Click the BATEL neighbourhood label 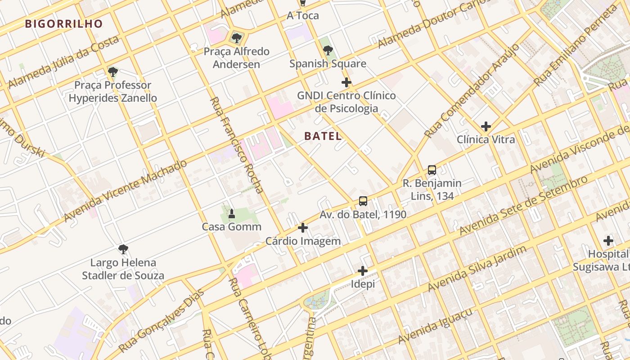(323, 136)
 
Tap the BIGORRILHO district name (64, 24)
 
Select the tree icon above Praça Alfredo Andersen (237, 38)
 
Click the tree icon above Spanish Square (328, 50)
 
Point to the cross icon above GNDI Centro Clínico (346, 82)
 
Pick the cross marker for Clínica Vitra (486, 126)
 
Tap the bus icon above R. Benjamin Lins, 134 (432, 170)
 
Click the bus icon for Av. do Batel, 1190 (363, 201)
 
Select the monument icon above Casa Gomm (232, 213)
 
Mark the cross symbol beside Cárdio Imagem (303, 228)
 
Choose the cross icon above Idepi (363, 271)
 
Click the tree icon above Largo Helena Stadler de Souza (123, 249)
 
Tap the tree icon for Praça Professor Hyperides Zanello (113, 72)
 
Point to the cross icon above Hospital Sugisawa (608, 241)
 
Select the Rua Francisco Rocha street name (237, 145)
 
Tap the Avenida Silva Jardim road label (477, 268)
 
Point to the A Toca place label (303, 16)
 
